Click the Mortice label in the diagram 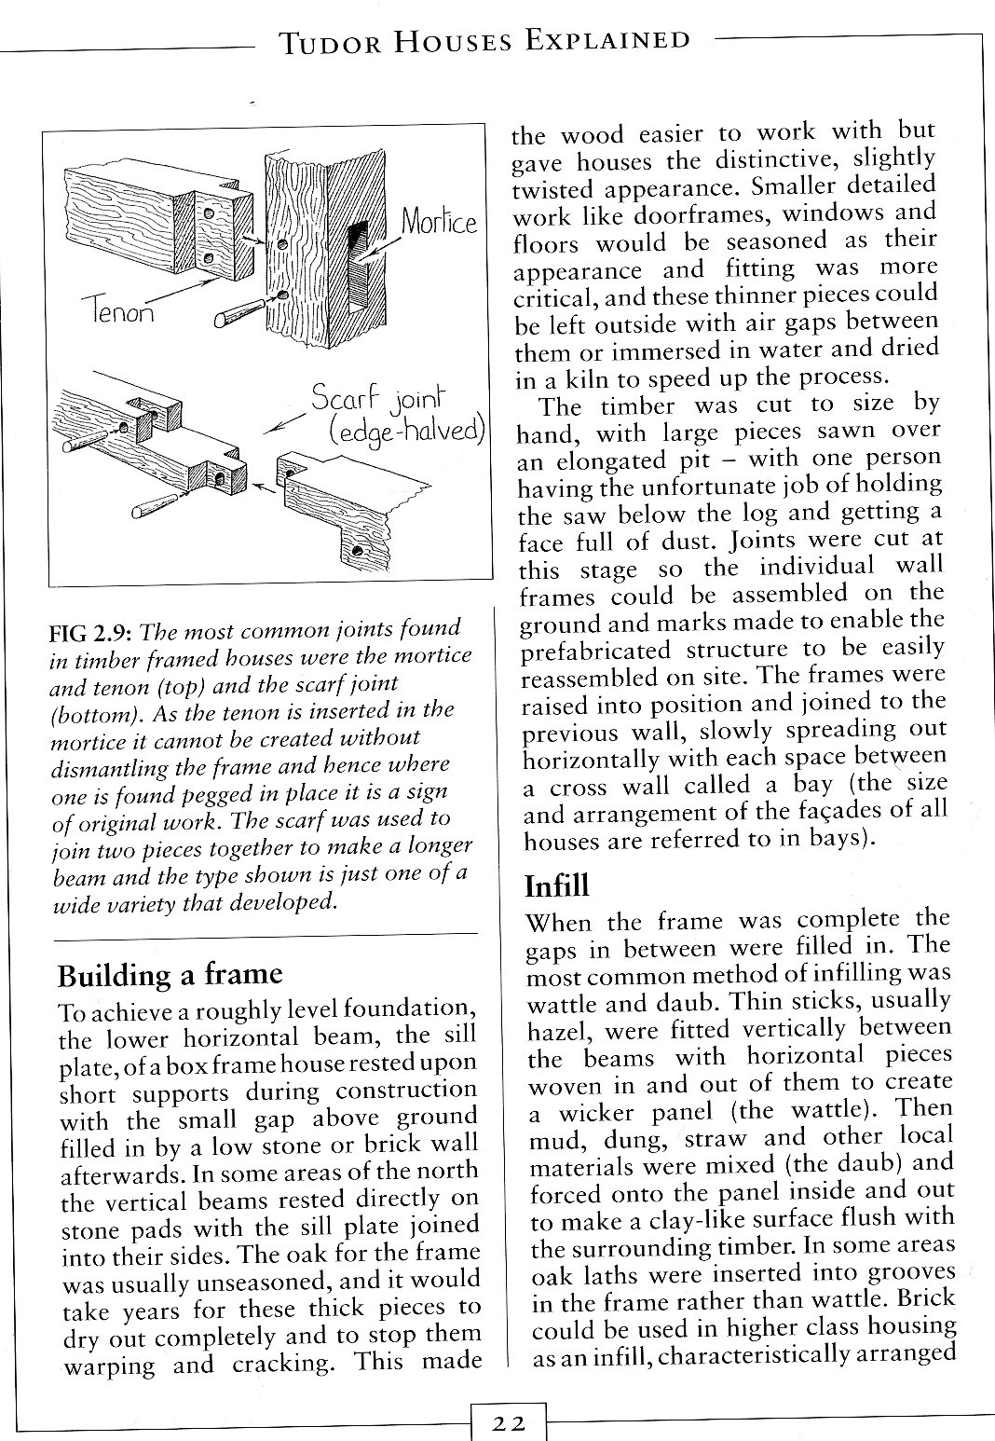(x=439, y=223)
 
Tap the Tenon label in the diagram (x=118, y=310)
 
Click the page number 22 (x=509, y=1422)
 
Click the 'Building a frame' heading (x=170, y=975)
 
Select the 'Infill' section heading (x=557, y=885)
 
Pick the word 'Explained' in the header (x=607, y=41)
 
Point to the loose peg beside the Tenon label (x=239, y=312)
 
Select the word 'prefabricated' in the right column (x=595, y=651)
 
